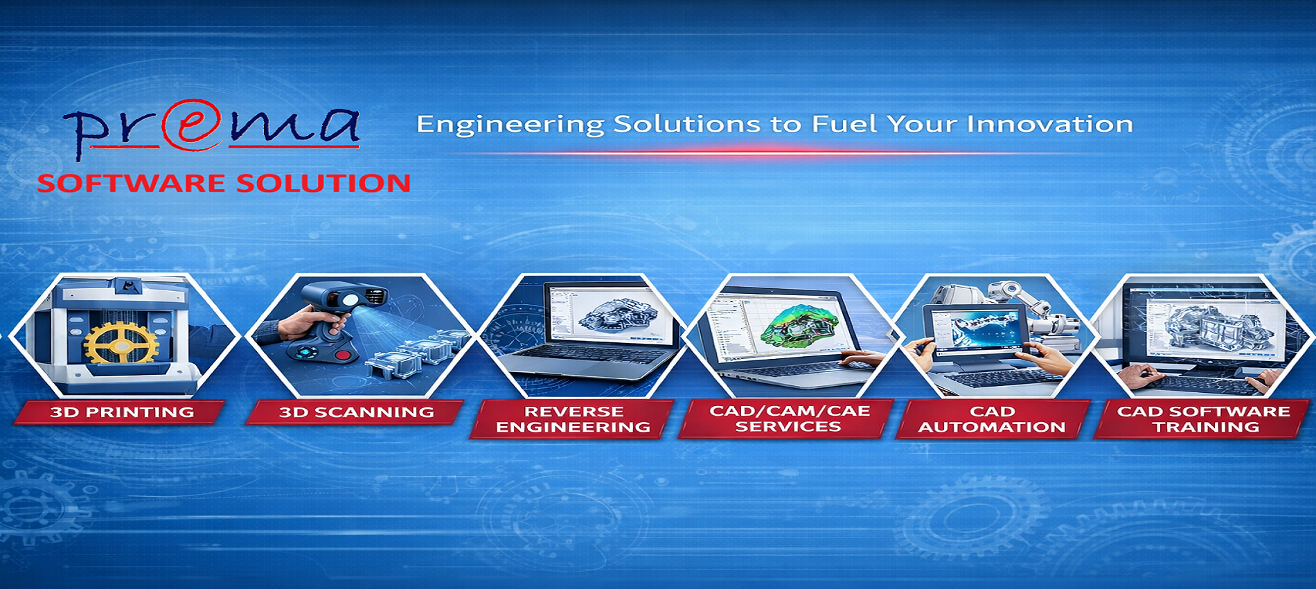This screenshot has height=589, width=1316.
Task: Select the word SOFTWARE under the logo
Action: coord(131,184)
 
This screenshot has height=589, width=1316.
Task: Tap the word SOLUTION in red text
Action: coord(323,184)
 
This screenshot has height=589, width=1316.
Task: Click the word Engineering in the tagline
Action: coord(510,125)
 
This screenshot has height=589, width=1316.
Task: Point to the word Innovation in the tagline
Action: coord(1049,124)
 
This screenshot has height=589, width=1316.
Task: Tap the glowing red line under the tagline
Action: coord(762,151)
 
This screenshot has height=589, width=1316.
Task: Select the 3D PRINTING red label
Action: coord(121,412)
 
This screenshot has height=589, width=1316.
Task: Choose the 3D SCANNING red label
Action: coord(356,412)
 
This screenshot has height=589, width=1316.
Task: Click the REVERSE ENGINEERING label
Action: coord(573,419)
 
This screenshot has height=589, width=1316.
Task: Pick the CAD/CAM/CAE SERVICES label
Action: coord(789,419)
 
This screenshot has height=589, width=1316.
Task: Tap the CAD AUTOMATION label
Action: coord(992,419)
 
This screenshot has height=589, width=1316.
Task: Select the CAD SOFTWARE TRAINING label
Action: coord(1204,419)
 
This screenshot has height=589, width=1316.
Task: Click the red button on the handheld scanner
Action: coord(342,356)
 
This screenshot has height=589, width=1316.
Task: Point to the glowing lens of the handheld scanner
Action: coord(350,300)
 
